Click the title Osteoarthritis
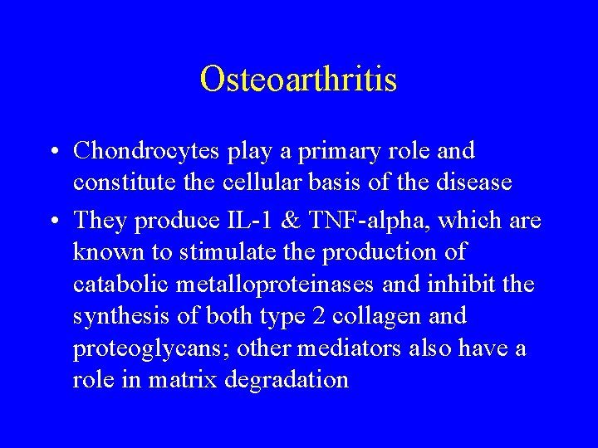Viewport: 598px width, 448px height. click(298, 80)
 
